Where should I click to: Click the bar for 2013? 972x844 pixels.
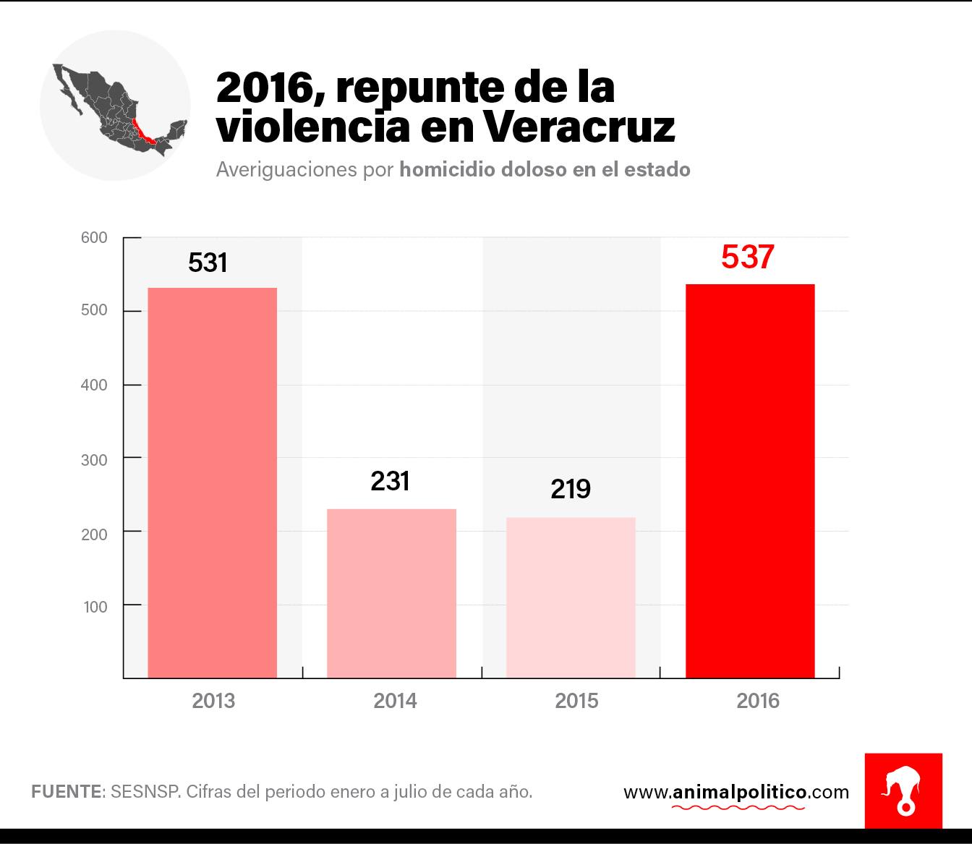[212, 482]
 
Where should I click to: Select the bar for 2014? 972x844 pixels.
[391, 593]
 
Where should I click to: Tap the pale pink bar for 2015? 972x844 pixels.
[571, 597]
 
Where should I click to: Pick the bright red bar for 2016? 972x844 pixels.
[750, 481]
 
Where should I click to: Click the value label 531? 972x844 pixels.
[208, 263]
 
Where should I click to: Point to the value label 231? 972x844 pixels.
[390, 481]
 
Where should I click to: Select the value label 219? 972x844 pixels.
[571, 490]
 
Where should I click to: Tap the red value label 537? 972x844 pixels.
[748, 257]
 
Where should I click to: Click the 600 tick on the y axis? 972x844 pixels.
[94, 238]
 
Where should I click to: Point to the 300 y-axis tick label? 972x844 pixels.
[94, 460]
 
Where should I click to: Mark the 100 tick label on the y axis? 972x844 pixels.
[95, 608]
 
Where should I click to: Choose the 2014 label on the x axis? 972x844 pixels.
[395, 701]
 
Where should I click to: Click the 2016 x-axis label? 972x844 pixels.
[758, 701]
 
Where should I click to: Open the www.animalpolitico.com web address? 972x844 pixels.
[736, 793]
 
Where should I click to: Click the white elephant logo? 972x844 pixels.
[903, 790]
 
